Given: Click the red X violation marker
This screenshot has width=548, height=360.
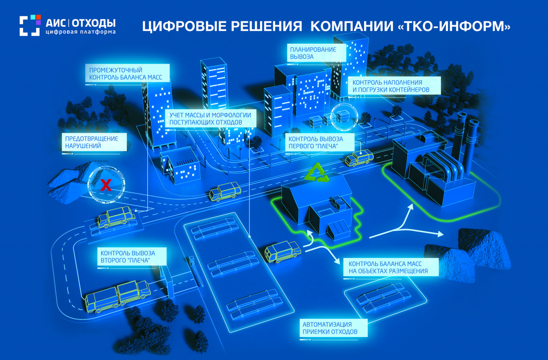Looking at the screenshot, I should coord(106,185).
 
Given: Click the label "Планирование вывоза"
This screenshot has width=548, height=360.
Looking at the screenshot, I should coord(313,52).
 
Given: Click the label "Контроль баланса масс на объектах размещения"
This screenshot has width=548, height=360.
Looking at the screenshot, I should coord(391,267).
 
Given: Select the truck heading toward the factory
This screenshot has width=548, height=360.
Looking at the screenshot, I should coord(359,158).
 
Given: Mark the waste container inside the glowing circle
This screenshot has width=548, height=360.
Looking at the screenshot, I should coord(341,117).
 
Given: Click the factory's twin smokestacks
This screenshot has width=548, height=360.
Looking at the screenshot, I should coord(466,140).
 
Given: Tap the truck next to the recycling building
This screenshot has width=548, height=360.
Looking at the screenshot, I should coord(282,251).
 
